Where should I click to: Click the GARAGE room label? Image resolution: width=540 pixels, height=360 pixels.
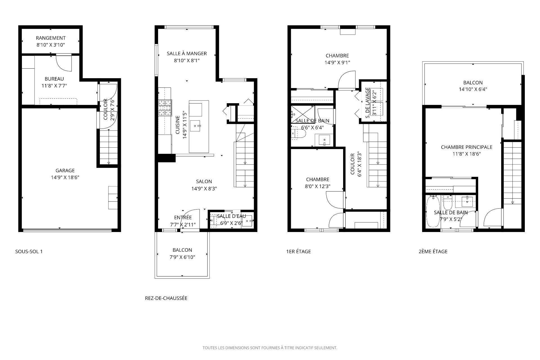(65, 170)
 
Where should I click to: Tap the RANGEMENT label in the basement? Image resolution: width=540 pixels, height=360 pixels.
(51, 38)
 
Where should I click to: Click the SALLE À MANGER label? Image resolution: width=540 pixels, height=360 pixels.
(187, 53)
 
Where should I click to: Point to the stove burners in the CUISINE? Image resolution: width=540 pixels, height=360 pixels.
(165, 108)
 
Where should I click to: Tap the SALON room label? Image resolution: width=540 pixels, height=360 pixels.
(204, 181)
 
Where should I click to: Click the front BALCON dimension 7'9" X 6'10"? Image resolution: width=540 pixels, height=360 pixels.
(182, 257)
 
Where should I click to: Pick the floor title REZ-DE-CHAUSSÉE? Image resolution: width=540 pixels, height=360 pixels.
(166, 298)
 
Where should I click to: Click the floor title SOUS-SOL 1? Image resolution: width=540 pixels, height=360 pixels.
(29, 251)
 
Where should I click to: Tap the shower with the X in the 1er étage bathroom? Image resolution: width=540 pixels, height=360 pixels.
(303, 115)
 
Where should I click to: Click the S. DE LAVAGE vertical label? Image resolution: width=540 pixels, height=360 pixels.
(367, 103)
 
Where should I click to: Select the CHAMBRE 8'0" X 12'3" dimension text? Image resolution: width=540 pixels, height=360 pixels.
(318, 186)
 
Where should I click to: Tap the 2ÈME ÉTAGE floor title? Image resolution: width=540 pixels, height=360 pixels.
(433, 251)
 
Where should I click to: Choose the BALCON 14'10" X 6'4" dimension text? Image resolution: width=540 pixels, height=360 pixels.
(473, 89)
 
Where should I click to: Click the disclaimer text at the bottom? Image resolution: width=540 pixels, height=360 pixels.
(270, 348)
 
